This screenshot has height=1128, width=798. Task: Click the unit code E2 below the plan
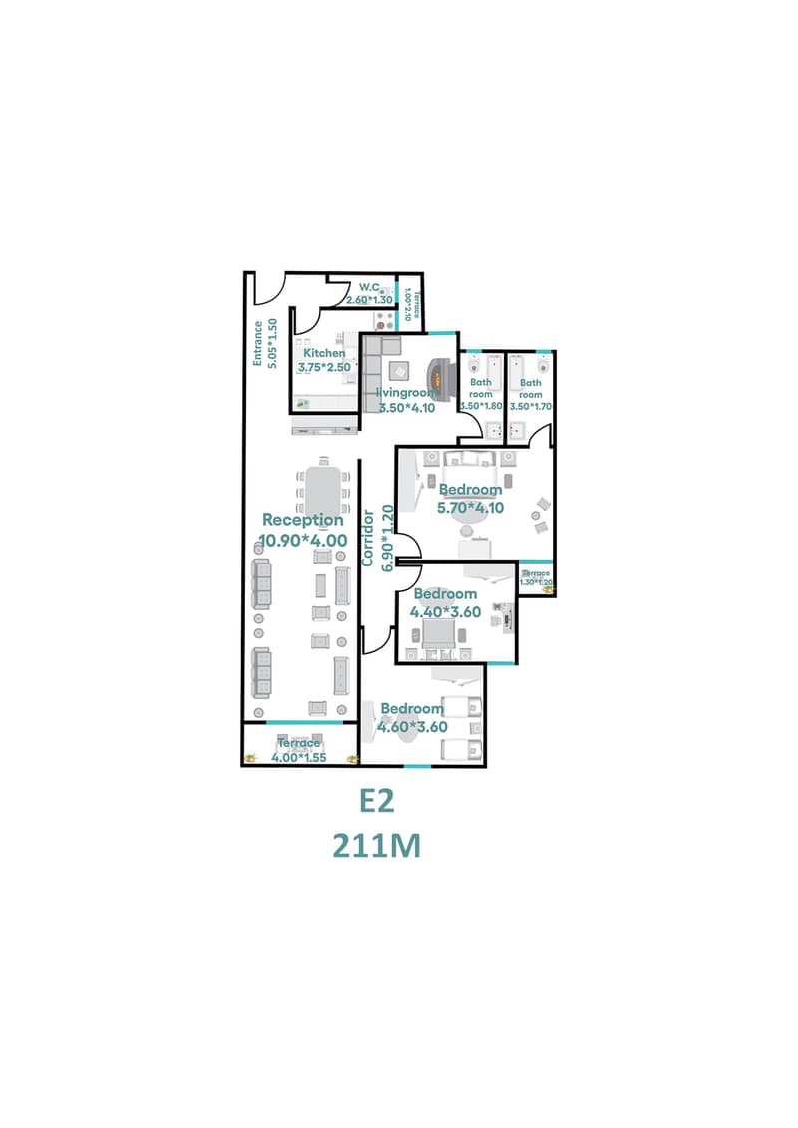tap(378, 802)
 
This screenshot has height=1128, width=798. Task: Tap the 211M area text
tap(377, 846)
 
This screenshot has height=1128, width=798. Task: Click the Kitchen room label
tap(324, 353)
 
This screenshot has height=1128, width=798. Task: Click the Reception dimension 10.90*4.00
tap(303, 541)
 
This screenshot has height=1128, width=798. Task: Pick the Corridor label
tap(367, 539)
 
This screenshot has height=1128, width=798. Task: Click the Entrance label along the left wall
tap(257, 343)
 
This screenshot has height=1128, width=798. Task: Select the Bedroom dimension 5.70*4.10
tap(470, 507)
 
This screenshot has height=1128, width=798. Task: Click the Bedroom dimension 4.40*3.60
tap(445, 613)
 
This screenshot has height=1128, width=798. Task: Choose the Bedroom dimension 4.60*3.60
tap(412, 727)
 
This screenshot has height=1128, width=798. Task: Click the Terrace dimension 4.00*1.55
tap(299, 758)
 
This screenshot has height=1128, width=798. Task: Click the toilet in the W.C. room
tap(383, 292)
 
